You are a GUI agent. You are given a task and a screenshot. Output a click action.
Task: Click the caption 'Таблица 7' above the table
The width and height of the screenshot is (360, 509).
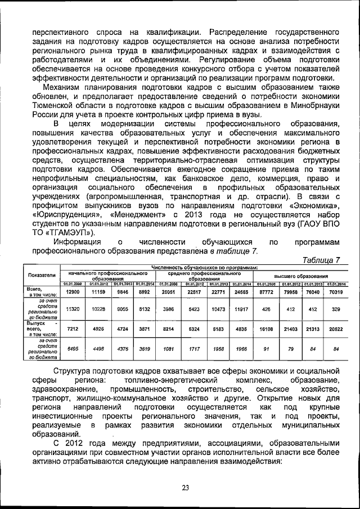tap(321, 259)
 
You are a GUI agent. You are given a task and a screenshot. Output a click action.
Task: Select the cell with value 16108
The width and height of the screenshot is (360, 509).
tap(265, 327)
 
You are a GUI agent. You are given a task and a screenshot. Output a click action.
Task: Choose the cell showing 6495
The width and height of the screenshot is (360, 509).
tap(73, 348)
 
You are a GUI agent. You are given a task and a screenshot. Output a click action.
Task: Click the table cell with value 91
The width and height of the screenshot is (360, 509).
tap(265, 348)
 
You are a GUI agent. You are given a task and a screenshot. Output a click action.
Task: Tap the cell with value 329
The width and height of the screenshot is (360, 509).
tap(335, 309)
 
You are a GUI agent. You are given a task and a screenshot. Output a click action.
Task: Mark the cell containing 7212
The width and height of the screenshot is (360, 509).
tap(73, 327)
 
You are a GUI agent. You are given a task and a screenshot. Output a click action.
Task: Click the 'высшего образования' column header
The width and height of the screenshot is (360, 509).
tap(300, 277)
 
